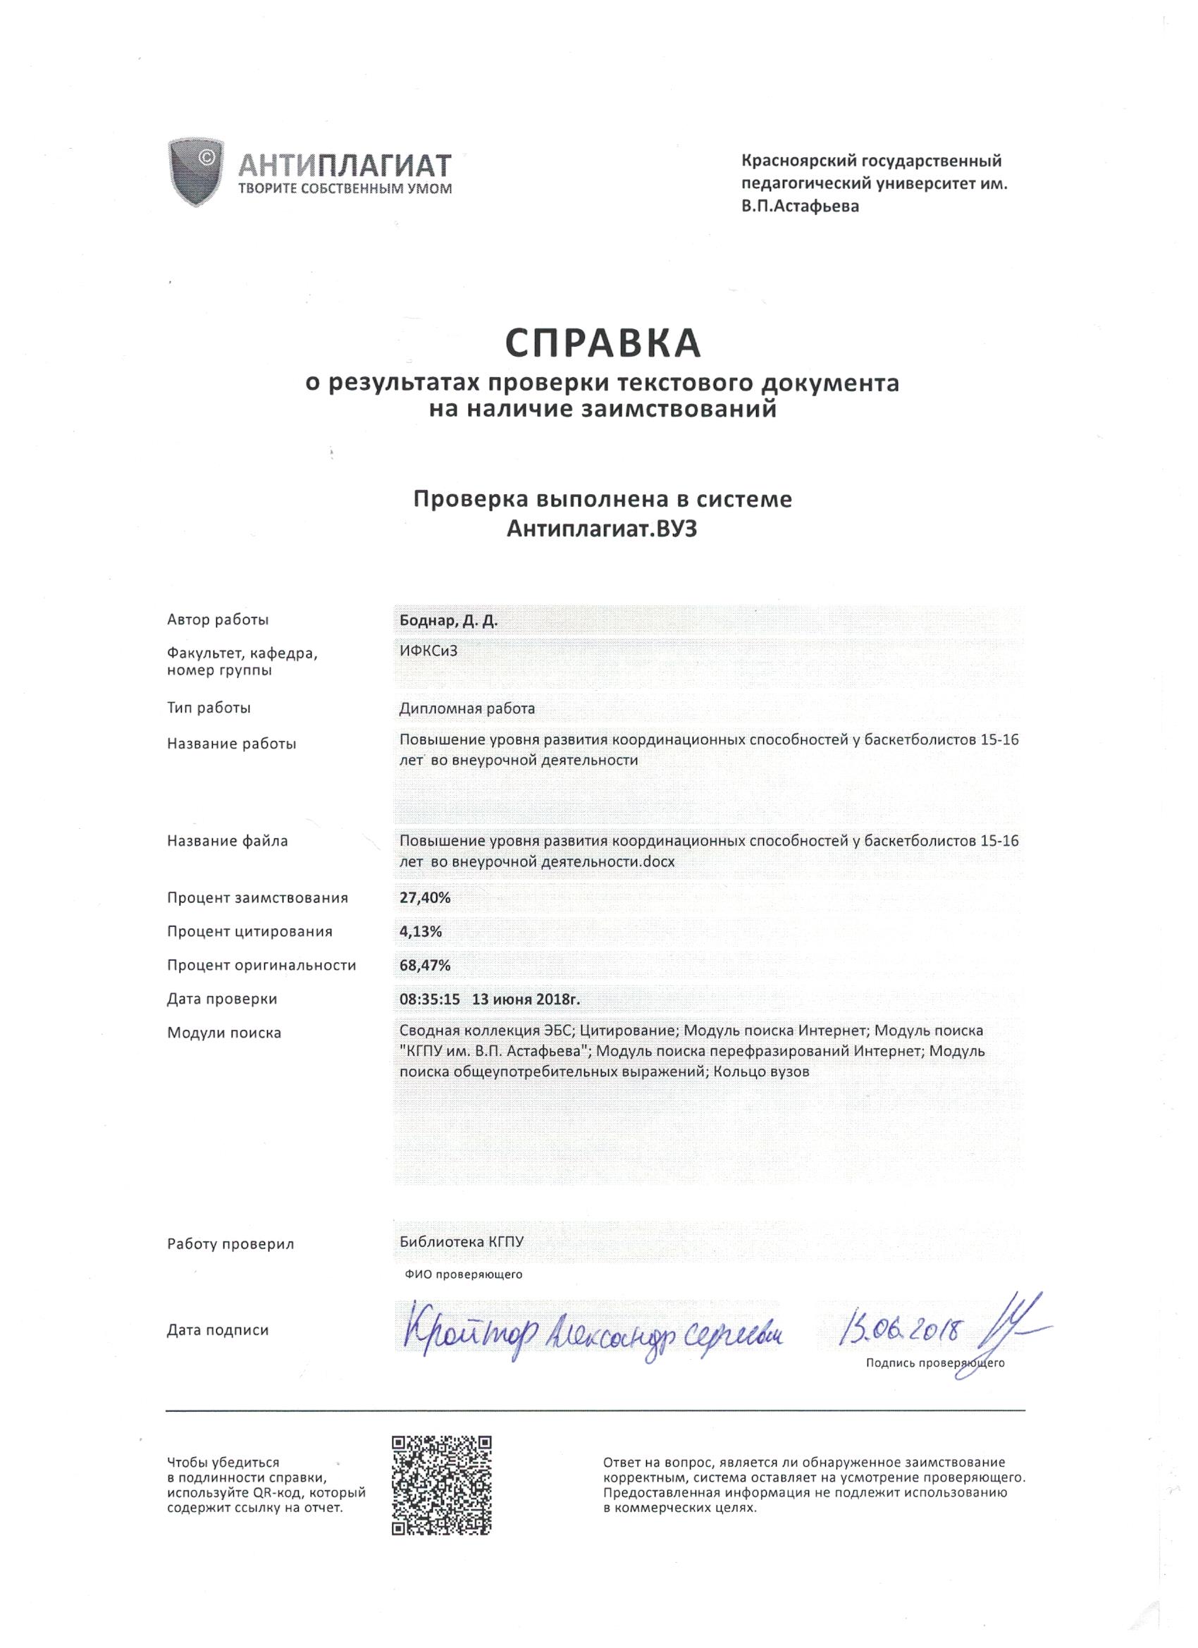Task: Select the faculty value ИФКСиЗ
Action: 428,651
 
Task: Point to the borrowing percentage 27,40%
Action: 425,897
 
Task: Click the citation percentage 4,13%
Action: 421,931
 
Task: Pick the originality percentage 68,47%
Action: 425,965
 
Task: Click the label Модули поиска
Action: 224,1033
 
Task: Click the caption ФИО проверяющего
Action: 464,1274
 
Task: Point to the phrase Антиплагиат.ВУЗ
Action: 602,530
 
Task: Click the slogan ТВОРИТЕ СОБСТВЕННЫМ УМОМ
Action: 345,190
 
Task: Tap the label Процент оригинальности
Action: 261,965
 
